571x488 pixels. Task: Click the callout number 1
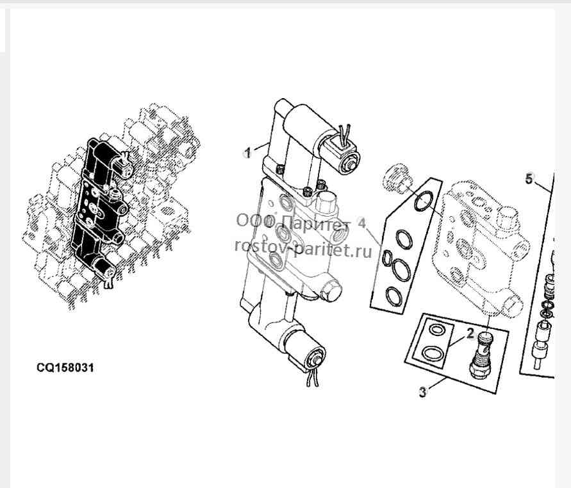click(x=247, y=153)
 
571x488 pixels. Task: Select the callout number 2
click(x=470, y=333)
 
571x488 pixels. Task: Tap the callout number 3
click(x=422, y=392)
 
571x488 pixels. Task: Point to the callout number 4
click(x=361, y=223)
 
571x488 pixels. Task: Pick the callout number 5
click(x=529, y=179)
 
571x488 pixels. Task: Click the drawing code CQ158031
click(x=65, y=367)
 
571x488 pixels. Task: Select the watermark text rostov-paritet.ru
click(x=303, y=249)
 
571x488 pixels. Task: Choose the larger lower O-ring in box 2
click(x=433, y=353)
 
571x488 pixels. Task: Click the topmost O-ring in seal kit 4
click(x=424, y=202)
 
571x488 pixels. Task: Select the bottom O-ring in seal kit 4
click(x=395, y=297)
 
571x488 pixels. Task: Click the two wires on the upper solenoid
click(x=343, y=133)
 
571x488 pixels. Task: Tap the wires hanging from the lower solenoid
click(x=311, y=377)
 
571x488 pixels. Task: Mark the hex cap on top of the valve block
click(x=324, y=203)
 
